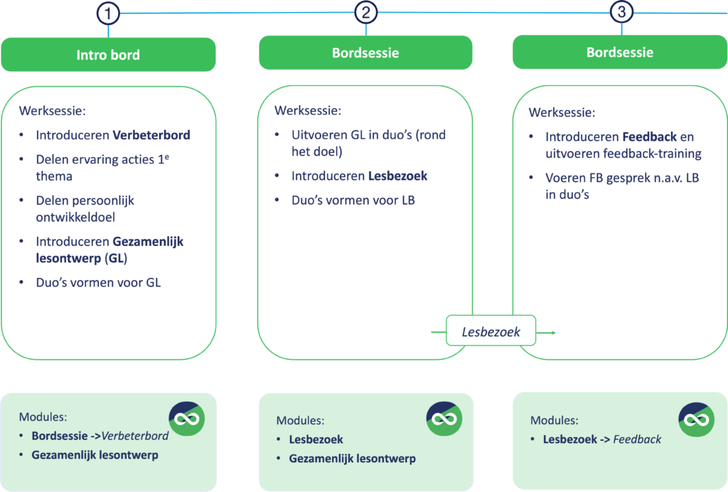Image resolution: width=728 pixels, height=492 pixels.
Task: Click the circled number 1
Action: coord(108,14)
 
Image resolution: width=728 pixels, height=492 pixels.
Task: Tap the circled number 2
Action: coord(366,12)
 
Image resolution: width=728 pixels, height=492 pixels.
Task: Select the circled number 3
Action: coord(621,11)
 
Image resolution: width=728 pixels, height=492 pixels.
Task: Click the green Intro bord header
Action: coord(108,55)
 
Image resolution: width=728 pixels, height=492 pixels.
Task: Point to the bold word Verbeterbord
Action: coord(151,135)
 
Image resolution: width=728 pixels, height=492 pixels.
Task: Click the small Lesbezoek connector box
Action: coord(491,331)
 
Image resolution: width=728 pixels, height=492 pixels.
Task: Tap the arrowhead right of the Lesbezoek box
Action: coord(552,332)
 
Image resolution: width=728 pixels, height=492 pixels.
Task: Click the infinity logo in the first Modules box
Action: coord(187,419)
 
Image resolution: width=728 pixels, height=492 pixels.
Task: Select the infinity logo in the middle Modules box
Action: coord(444,419)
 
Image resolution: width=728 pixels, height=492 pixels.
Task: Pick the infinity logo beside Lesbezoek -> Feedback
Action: coord(697,419)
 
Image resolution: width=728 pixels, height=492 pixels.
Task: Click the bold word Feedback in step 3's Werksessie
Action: coord(650,137)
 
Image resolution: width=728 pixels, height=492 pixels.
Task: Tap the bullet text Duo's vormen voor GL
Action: coord(98,283)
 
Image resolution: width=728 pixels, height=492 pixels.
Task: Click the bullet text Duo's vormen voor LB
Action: coord(353,200)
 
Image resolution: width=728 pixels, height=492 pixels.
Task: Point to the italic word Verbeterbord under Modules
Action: coord(135,436)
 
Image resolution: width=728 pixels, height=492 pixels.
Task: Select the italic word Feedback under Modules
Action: coord(637,439)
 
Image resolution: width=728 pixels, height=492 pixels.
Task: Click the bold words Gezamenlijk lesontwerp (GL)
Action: coord(109,250)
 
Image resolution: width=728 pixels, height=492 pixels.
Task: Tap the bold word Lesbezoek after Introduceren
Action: coord(398,176)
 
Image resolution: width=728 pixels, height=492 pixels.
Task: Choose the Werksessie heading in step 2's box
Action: coord(308,110)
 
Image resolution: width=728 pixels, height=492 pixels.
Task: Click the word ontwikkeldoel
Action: coord(75,218)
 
